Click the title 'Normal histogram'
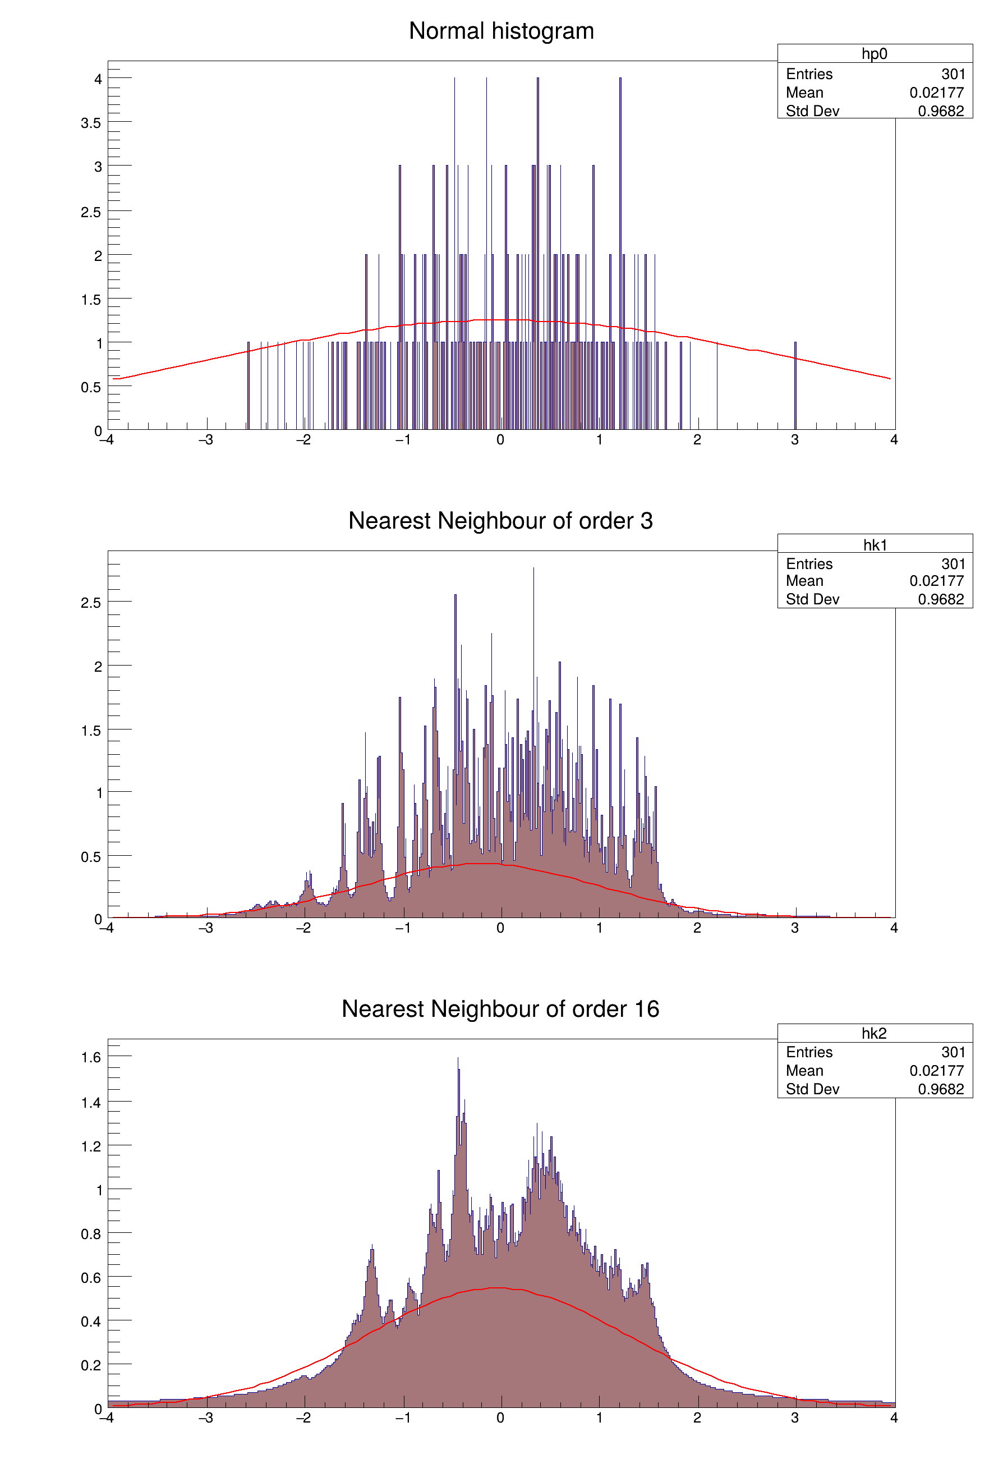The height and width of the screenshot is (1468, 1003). click(501, 31)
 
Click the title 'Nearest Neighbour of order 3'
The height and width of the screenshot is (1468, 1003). click(500, 521)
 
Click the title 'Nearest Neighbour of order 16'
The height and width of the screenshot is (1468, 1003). click(500, 1010)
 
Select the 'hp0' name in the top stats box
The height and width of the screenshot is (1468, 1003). click(874, 54)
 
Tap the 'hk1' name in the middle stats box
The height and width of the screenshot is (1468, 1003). click(875, 544)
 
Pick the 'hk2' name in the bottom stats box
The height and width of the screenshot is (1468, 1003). click(874, 1034)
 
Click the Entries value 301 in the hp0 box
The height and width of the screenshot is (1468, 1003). click(953, 74)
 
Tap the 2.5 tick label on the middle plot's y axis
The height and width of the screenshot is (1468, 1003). click(91, 603)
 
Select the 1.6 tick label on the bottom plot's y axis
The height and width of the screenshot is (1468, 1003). click(91, 1057)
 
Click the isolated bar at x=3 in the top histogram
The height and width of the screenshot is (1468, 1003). click(795, 386)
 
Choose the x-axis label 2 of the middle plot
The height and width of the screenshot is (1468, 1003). click(697, 928)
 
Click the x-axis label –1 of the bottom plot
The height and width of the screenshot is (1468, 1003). click(402, 1418)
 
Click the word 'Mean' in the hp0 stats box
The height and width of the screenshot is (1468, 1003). click(804, 93)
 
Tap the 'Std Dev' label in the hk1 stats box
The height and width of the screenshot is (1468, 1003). click(812, 599)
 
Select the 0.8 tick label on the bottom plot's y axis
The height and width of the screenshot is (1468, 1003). click(91, 1235)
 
